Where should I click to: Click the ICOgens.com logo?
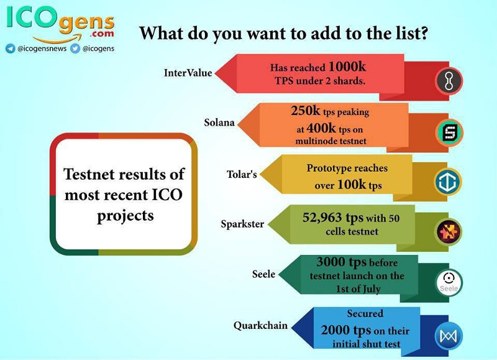coord(60,24)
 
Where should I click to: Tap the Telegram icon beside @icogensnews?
coord(11,48)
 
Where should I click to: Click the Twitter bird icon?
coord(75,48)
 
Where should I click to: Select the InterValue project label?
coord(188,73)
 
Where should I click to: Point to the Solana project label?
coord(219,122)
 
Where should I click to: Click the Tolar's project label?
coord(242,174)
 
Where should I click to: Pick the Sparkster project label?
coord(242,224)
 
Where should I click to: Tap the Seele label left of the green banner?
coord(263,274)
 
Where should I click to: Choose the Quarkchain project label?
coord(260,325)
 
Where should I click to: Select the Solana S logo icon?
coord(449,132)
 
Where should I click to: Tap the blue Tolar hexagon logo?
coord(447,182)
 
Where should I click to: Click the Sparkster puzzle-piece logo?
coord(448,232)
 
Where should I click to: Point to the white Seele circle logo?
coord(449,282)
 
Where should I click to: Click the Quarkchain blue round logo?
coord(449,336)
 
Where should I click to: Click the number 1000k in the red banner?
coord(347,67)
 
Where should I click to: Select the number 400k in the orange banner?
coord(321,129)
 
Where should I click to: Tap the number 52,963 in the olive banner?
coord(322,218)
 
